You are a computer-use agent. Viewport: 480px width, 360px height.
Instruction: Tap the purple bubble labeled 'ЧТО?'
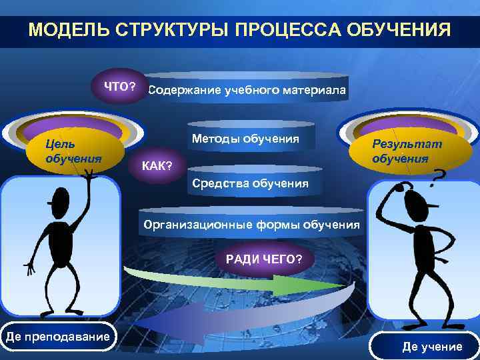119,87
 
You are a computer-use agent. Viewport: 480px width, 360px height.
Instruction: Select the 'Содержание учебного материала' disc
247,90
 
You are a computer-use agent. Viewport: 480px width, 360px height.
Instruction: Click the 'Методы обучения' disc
245,139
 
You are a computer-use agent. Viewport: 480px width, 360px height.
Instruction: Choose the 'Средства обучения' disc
250,183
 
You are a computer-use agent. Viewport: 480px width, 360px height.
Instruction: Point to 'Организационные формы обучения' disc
252,225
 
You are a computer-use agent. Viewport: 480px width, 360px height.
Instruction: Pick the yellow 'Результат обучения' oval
407,151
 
